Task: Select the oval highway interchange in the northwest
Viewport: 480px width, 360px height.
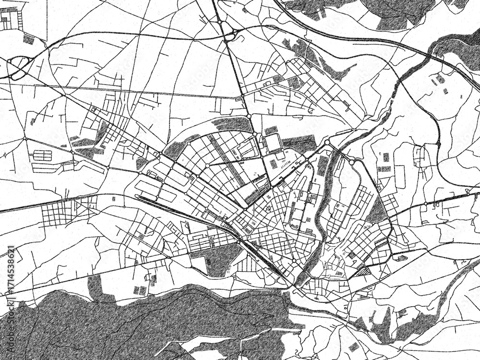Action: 18,67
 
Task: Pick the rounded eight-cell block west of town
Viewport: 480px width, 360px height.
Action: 42,156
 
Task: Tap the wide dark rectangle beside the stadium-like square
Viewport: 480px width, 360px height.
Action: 299,143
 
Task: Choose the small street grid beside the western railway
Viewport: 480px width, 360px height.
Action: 62,212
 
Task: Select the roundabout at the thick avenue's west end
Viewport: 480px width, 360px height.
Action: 189,144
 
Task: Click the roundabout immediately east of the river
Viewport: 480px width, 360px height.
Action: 352,163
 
